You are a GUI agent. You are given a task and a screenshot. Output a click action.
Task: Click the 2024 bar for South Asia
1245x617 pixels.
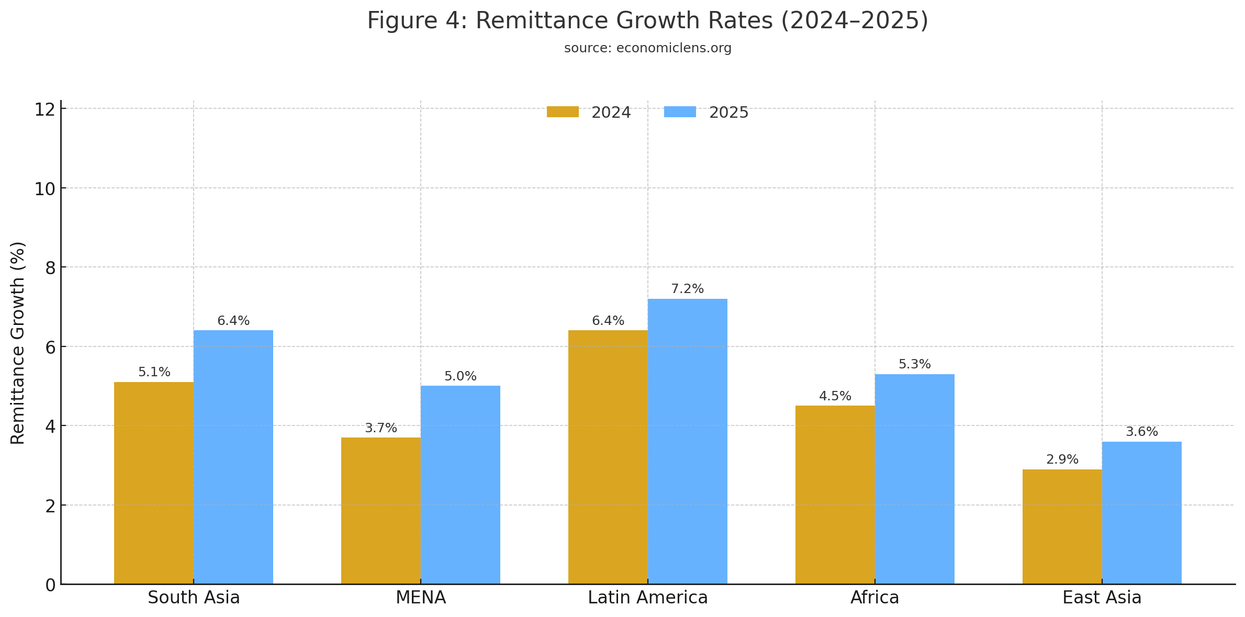pos(154,483)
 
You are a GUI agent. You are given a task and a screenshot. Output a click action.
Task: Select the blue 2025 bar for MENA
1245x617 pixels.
pos(460,485)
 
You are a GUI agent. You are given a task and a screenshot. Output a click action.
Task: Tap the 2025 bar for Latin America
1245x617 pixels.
pos(687,441)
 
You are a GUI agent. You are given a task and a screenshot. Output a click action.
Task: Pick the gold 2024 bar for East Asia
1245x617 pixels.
pos(1062,526)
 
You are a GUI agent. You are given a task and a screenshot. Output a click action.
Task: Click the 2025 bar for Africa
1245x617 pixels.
pos(914,478)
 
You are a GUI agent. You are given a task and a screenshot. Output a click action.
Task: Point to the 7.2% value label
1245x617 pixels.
pos(687,289)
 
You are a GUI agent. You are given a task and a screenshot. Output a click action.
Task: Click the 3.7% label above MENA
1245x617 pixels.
pos(380,428)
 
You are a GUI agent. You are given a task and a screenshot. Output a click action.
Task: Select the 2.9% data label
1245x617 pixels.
pos(1062,459)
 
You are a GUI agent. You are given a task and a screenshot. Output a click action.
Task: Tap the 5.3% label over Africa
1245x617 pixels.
pos(914,364)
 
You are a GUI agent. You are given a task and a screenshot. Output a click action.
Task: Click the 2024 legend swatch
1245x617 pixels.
pos(563,112)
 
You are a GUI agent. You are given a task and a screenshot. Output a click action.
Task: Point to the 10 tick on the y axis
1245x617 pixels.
pos(45,189)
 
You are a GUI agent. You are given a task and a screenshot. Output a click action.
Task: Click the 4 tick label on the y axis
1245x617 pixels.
pos(50,427)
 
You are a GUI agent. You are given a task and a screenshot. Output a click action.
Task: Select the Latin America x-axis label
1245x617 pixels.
pos(647,598)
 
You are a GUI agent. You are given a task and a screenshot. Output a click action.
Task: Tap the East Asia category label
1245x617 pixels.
pos(1102,598)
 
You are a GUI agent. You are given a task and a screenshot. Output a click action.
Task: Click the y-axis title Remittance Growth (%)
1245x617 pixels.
pos(18,343)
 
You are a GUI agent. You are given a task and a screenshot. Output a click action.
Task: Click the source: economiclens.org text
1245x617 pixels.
pos(647,48)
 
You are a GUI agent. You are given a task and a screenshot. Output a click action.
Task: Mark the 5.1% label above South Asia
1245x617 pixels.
pos(154,372)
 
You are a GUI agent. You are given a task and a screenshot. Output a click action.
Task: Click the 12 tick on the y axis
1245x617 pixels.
pos(45,110)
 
